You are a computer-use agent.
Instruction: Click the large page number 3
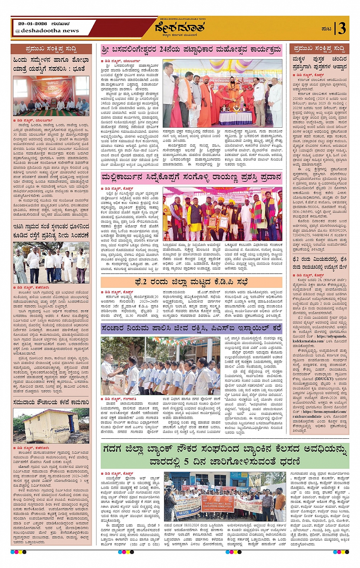(x=341, y=29)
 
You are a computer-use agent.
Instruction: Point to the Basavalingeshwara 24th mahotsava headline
(x=191, y=50)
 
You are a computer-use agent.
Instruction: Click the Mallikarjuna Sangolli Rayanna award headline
(x=191, y=178)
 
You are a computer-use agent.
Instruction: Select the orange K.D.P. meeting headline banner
(x=191, y=282)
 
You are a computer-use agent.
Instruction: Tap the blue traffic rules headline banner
(x=191, y=329)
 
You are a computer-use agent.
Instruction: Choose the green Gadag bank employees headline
(x=225, y=456)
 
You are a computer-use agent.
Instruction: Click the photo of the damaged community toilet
(x=51, y=426)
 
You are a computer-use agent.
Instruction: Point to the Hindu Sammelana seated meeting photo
(x=51, y=96)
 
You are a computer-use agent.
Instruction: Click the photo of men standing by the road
(x=51, y=263)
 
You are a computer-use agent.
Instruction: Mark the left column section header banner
(x=51, y=49)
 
